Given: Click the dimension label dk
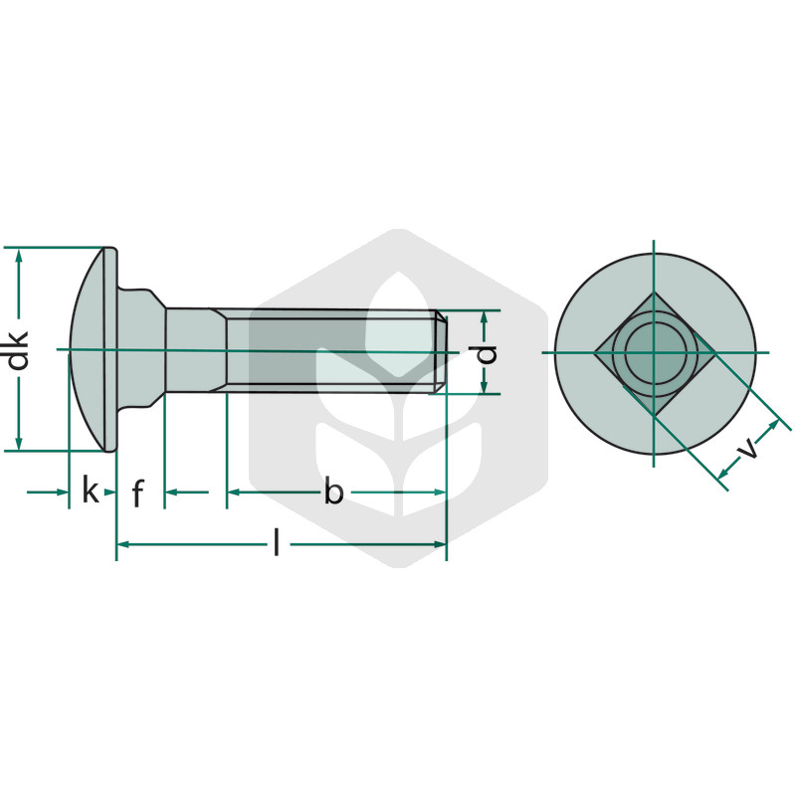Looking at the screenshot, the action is pos(18,351).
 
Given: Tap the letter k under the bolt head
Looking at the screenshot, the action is pos(91,492).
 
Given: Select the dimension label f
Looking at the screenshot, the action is pos(137,493).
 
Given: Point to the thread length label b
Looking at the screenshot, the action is pos(333,492).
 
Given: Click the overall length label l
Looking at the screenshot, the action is pos(277,542).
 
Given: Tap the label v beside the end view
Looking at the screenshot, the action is pos(748,449).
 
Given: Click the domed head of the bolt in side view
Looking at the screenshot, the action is pos(94,349).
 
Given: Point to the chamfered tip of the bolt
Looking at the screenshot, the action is pos(442,351).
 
